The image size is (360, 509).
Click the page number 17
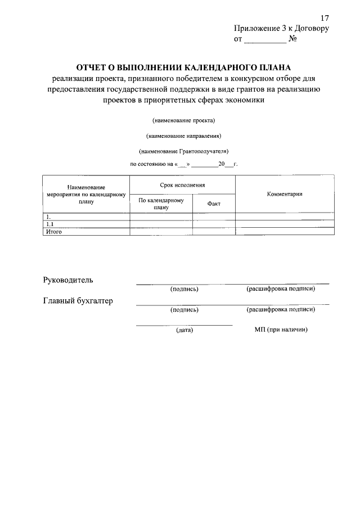pos(325,18)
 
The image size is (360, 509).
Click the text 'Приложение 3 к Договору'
pos(281,29)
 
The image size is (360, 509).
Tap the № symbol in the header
pos(292,39)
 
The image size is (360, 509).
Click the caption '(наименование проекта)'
pos(184,120)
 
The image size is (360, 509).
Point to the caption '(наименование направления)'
pos(184,136)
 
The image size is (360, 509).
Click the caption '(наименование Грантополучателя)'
pos(184,151)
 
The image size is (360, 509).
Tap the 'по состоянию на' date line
pos(184,165)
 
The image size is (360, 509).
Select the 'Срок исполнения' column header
pos(182,185)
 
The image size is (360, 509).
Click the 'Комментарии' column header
pos(285,194)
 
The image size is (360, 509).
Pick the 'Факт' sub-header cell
pos(214,204)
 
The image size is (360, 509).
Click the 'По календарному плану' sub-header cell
pos(161,204)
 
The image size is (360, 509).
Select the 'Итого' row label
pos(53,231)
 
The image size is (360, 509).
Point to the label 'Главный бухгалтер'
pos(78,301)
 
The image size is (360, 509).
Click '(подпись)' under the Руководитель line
pos(184,289)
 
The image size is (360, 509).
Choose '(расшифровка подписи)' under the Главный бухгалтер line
pos(281,309)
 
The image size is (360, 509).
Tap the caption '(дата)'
pos(184,330)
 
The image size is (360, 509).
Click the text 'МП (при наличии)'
pos(281,330)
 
